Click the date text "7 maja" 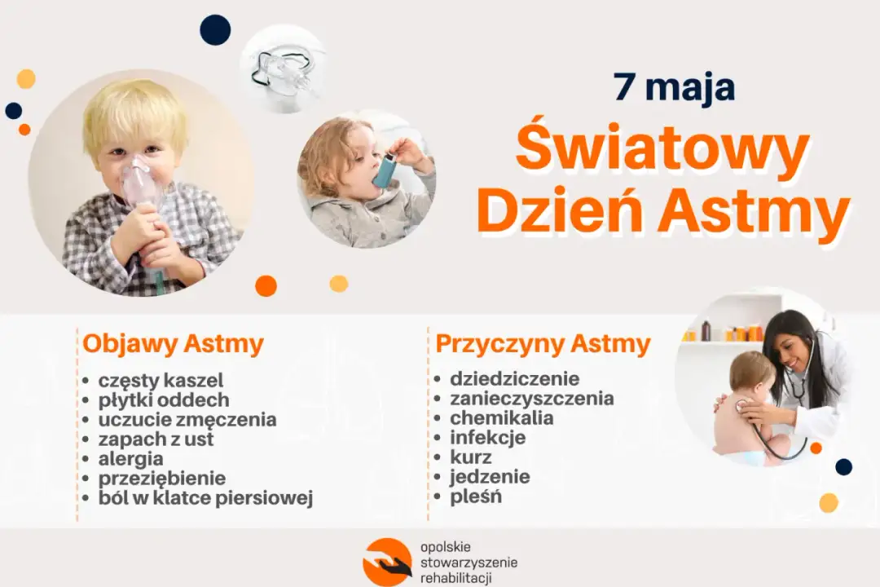point(675,88)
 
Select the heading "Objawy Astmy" point(173,344)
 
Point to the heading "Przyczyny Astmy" point(543,344)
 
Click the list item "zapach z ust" point(156,439)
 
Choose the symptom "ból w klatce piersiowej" point(205,498)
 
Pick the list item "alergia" point(130,459)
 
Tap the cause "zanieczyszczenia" point(532,399)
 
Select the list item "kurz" point(471,457)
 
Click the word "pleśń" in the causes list point(476,497)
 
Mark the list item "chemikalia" point(502,418)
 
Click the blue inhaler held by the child point(384,170)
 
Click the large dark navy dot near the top point(215,30)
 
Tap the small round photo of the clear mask point(283,68)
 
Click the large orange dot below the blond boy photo point(266,286)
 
